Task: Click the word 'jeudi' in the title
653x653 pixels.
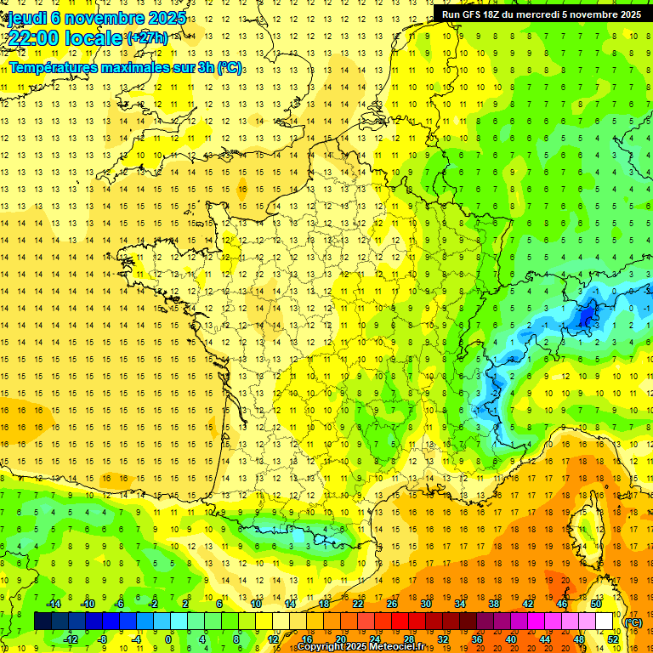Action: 26,17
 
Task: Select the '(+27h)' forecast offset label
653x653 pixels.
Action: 146,38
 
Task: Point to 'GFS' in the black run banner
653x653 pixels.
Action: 474,14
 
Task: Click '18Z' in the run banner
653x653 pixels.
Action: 500,14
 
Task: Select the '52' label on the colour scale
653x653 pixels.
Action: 613,639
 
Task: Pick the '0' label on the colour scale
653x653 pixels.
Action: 168,639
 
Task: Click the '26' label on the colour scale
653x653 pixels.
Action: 392,604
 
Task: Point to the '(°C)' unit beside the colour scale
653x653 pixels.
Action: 633,622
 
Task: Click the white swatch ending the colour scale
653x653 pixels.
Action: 605,621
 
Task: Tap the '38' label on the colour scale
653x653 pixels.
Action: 493,604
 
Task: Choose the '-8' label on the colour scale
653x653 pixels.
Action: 103,639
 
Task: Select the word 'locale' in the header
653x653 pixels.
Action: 94,38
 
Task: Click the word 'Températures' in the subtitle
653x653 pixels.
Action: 52,67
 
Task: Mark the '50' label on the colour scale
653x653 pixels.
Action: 595,604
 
